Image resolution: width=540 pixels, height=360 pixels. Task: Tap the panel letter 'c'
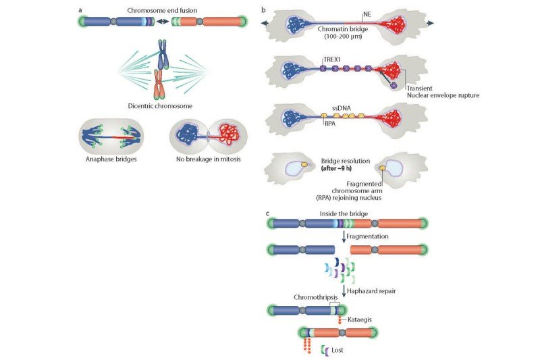tap(269, 213)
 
